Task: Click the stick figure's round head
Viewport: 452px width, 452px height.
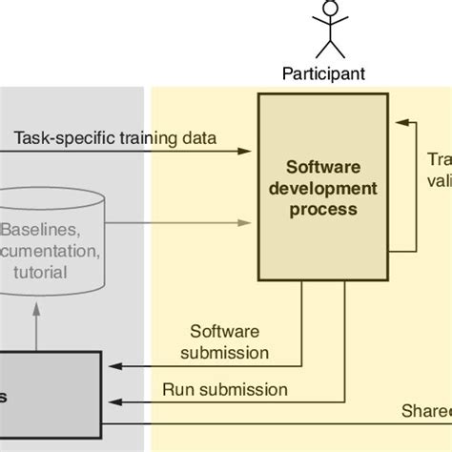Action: coord(331,10)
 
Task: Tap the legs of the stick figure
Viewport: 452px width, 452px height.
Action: coord(331,48)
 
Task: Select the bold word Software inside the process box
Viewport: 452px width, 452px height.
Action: coord(324,168)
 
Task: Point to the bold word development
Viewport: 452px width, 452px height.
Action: coord(324,188)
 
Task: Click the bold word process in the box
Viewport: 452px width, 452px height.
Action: coord(324,208)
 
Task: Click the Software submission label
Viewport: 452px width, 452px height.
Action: coord(229,342)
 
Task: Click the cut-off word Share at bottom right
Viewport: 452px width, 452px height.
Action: coord(428,411)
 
